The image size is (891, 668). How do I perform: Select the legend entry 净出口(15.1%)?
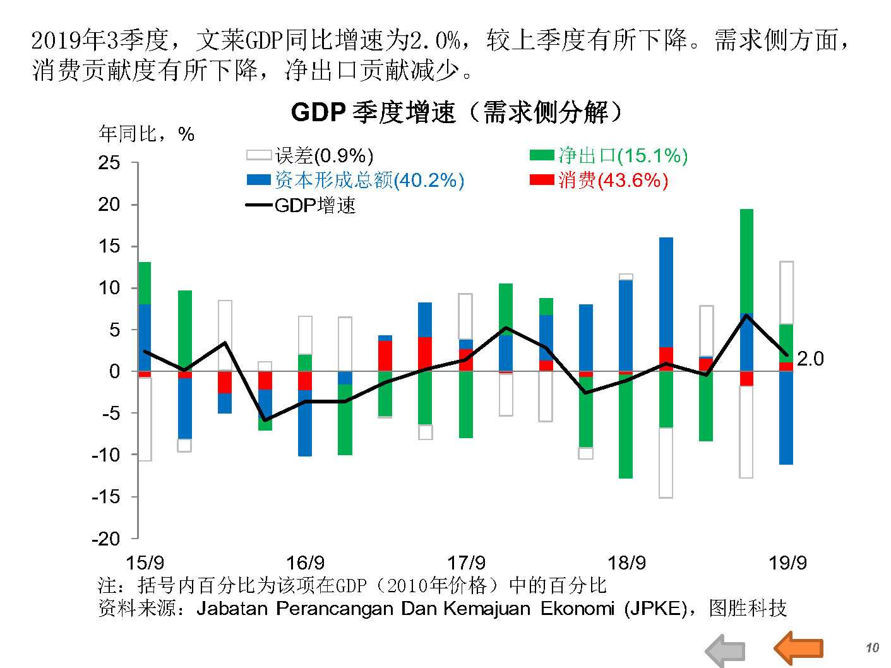click(x=609, y=155)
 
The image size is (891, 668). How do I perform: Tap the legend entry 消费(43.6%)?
click(x=599, y=181)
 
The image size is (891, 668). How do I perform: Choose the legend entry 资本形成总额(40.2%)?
click(x=356, y=181)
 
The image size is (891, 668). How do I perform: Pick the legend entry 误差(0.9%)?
click(x=310, y=155)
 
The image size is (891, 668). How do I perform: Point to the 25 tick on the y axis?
click(x=109, y=163)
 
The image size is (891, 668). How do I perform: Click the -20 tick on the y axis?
click(x=106, y=539)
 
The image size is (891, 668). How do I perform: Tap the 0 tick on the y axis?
click(x=114, y=371)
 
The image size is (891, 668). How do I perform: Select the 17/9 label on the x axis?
click(x=466, y=563)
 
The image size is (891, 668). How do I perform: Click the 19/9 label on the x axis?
click(x=787, y=563)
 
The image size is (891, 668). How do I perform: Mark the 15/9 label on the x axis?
click(x=145, y=563)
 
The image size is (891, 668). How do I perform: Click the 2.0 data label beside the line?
click(x=810, y=359)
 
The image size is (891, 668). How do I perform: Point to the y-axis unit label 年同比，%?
click(x=147, y=134)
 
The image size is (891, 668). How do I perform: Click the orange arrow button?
click(x=799, y=648)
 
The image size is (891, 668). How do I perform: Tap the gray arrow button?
click(x=725, y=650)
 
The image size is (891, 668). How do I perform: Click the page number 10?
click(x=872, y=648)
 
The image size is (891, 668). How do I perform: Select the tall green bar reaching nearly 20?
click(x=746, y=260)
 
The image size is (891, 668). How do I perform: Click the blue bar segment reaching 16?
click(x=666, y=292)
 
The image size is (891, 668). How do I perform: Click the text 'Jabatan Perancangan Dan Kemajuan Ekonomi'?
click(x=405, y=609)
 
